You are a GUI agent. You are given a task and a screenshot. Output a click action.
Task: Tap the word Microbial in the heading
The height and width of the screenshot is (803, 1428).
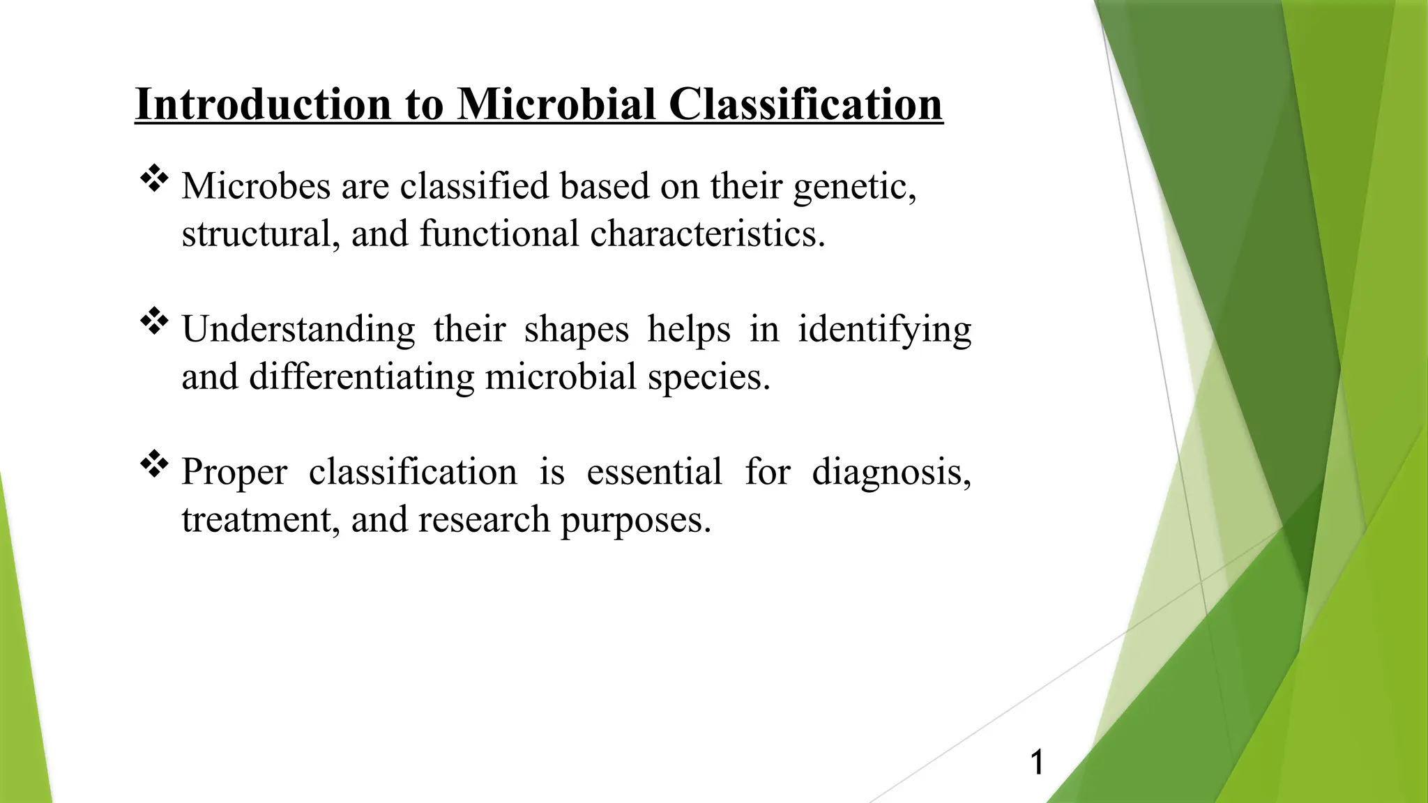(556, 105)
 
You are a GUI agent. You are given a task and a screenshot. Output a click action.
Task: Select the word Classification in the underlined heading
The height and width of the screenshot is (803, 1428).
(805, 105)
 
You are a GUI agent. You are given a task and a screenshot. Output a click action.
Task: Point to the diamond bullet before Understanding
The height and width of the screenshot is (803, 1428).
(154, 322)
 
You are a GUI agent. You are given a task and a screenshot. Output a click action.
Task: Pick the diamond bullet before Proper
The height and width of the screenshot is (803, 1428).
(154, 465)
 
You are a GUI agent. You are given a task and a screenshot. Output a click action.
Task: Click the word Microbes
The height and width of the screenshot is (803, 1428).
(256, 187)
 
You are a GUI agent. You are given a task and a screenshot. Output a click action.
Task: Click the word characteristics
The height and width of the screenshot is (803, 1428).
(707, 234)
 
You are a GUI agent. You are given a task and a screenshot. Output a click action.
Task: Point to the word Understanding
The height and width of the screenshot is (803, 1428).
(298, 330)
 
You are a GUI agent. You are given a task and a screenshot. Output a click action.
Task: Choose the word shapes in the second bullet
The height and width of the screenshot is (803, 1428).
(576, 330)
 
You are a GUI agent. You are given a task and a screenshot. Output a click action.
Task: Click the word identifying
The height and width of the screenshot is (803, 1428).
(884, 330)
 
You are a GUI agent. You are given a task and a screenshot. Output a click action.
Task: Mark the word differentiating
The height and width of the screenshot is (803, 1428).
(361, 378)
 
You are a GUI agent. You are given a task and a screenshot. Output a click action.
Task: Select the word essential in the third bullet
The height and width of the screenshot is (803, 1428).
(654, 472)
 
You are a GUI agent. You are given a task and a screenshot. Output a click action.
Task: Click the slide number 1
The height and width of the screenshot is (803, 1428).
(1037, 762)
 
